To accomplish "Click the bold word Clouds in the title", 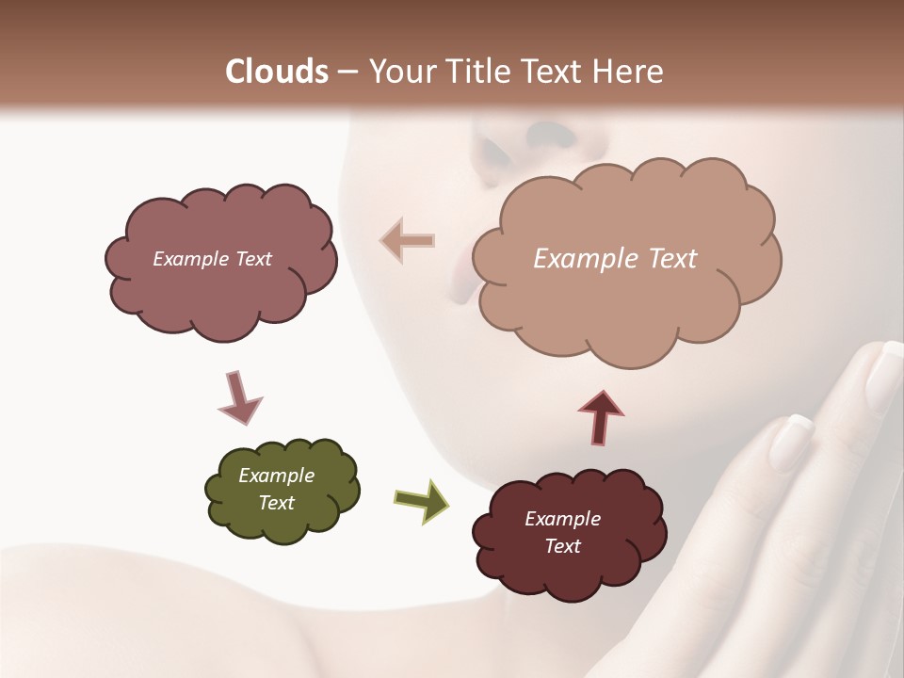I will pos(278,72).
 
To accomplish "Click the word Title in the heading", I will pos(471,72).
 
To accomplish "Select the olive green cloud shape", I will pos(282,490).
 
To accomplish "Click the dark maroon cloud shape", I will pos(569,532).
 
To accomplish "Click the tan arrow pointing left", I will pos(408,241).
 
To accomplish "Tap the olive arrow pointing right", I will pos(421,500).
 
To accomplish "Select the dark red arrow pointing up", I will pos(601,415).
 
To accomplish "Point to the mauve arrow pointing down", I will pos(239,397).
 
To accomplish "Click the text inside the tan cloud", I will pos(615,259).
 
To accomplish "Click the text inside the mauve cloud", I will pos(212,259).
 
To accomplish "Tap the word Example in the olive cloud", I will pos(276,476).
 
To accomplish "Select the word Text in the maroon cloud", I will pos(562,546).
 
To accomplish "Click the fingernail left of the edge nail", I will pos(791,440).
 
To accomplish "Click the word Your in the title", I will pos(398,72).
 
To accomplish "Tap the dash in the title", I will pos(347,72).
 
